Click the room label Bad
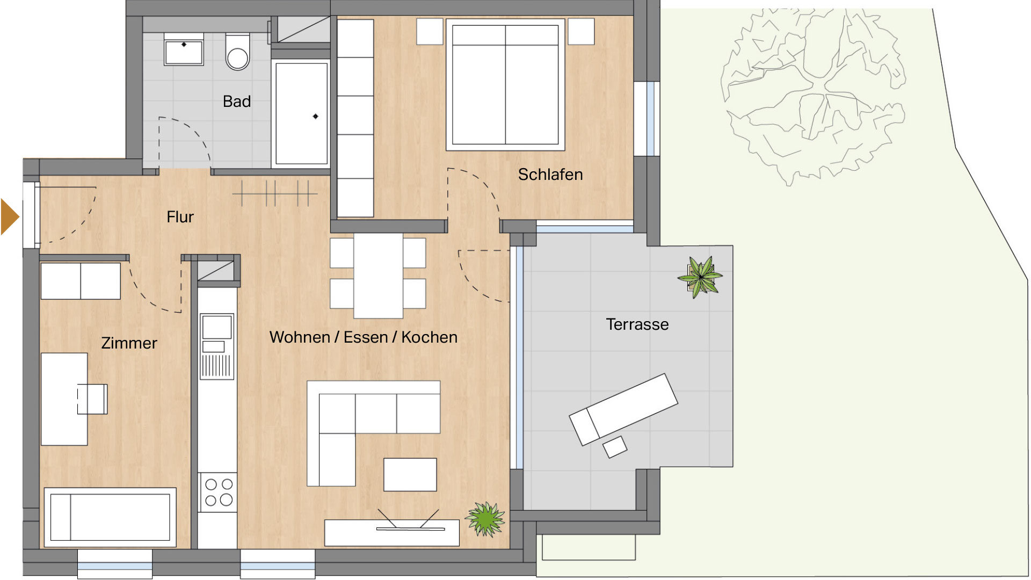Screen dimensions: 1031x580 coord(237,102)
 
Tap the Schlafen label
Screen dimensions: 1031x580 coord(550,175)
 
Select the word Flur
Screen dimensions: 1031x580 coord(180,217)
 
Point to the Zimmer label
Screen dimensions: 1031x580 coord(129,343)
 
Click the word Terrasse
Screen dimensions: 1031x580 coord(637,324)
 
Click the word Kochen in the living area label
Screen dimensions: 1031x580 coord(430,337)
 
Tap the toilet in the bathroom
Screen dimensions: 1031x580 coord(237,52)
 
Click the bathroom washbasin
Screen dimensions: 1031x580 coord(184,49)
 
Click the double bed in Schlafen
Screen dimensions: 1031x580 coord(505,84)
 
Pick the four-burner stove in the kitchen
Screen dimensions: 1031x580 coord(219,492)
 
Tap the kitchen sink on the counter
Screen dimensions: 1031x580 coord(217,346)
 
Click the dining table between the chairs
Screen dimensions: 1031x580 coord(379,275)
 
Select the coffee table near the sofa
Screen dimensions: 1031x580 coord(410,474)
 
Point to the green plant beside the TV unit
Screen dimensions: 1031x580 coord(485,519)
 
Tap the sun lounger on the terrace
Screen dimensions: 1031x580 coord(623,409)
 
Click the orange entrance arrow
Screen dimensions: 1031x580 coord(10,217)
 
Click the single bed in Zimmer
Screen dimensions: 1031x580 coord(110,517)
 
